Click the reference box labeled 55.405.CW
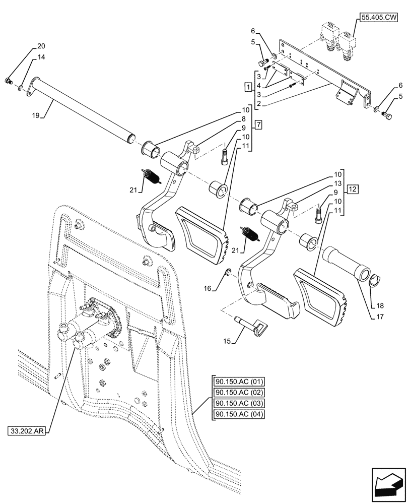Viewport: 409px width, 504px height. click(x=379, y=18)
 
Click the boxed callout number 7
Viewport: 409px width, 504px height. click(x=258, y=124)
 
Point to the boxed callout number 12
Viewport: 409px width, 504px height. click(x=352, y=190)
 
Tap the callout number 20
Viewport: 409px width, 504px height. click(x=40, y=47)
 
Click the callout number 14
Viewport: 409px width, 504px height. click(x=40, y=58)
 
